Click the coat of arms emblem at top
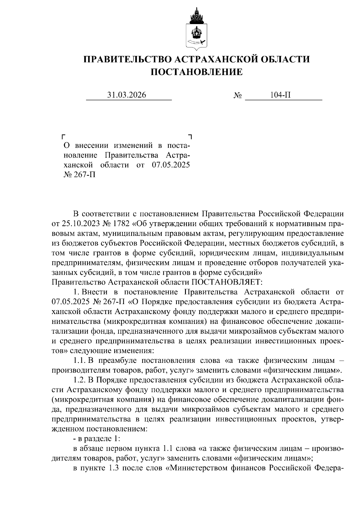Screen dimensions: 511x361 coord(196,30)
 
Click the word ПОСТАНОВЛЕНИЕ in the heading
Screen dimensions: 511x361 coord(196,72)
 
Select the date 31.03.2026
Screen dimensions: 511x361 coord(127,95)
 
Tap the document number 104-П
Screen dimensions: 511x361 coord(280,95)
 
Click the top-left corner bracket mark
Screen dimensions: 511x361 coord(63,136)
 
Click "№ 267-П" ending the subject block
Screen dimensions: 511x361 coord(79,175)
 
